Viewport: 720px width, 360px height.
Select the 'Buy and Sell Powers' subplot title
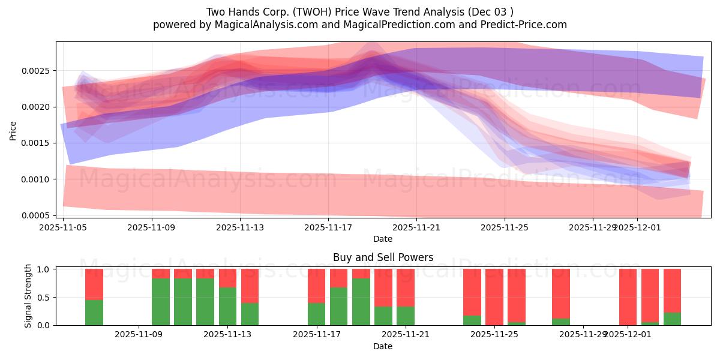click(x=383, y=257)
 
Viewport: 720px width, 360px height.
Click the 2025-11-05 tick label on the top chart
click(x=63, y=227)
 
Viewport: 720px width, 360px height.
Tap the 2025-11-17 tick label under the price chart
click(x=329, y=227)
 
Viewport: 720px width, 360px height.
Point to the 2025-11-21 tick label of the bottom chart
click(x=406, y=334)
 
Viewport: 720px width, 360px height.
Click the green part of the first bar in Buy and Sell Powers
click(x=94, y=313)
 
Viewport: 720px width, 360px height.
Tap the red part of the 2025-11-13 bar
click(x=227, y=278)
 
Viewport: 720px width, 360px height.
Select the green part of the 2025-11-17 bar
click(x=317, y=314)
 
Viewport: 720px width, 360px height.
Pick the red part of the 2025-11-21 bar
click(x=406, y=287)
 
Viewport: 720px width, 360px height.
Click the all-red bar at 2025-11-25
click(x=494, y=297)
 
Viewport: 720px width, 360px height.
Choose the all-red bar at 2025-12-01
click(x=628, y=297)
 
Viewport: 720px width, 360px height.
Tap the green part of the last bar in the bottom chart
click(x=672, y=319)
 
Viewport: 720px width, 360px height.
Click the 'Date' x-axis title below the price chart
click(x=383, y=239)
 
